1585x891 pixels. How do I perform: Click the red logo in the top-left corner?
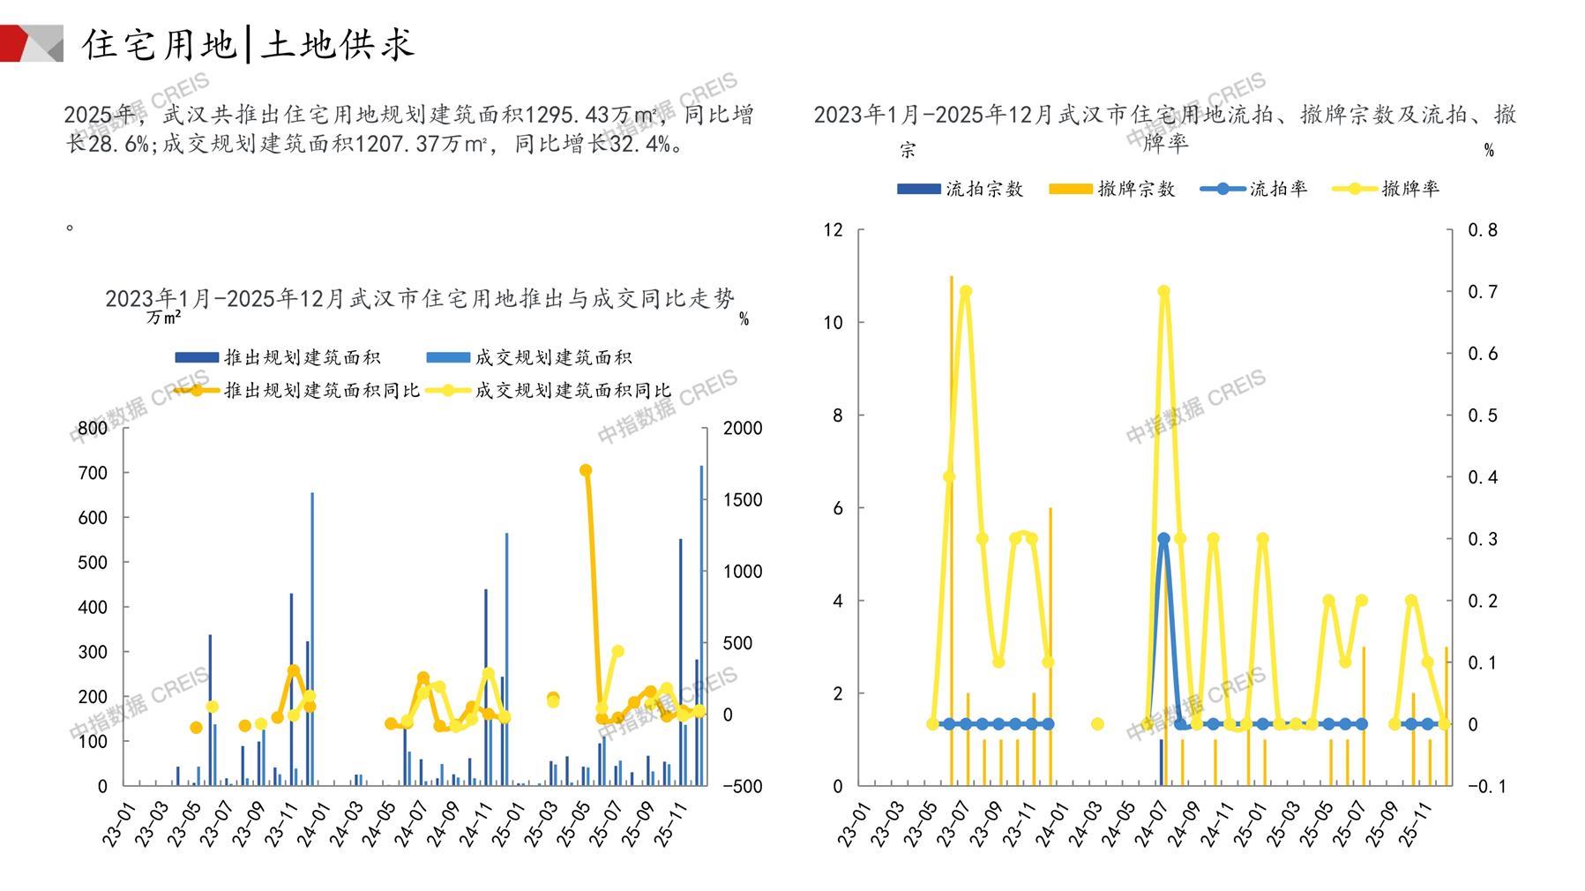coord(31,43)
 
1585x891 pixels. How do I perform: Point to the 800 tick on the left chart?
coord(93,428)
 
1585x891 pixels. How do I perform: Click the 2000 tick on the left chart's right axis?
coord(743,428)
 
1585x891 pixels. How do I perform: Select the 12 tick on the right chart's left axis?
coord(833,230)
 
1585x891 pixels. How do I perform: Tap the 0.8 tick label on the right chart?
coord(1483,230)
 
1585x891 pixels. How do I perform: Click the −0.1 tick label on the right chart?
coord(1485,786)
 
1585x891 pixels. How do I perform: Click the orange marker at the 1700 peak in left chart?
coord(586,470)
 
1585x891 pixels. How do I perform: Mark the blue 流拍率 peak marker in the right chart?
coord(1163,538)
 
